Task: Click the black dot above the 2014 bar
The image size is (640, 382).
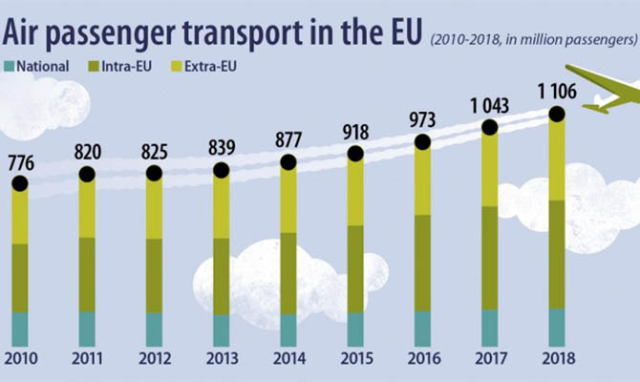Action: (288, 162)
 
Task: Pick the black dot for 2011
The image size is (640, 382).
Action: (87, 174)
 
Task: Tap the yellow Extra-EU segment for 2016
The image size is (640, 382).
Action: (423, 180)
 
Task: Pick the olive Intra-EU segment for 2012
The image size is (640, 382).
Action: (154, 275)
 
